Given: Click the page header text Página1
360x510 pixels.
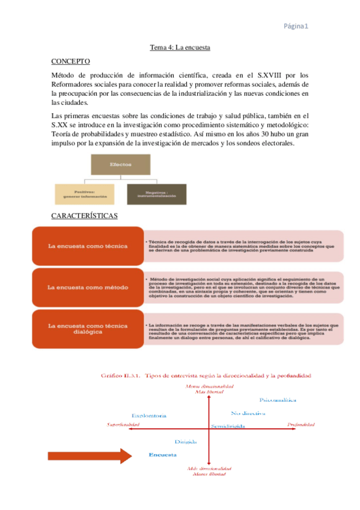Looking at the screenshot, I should point(296,26).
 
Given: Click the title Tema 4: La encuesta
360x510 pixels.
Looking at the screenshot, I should point(180,47).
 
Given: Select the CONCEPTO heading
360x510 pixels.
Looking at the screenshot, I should point(71,61).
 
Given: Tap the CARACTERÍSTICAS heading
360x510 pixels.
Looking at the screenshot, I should point(84,215).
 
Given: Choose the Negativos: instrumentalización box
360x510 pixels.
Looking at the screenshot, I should point(156,194).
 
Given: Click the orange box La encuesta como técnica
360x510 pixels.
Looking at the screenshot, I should point(88,246).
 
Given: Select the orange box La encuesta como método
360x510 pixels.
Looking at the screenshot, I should point(88,287).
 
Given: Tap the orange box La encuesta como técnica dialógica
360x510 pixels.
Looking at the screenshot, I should point(88,329).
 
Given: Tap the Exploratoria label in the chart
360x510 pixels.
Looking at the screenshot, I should point(148,415).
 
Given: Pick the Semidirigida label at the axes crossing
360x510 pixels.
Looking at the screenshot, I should point(228,426).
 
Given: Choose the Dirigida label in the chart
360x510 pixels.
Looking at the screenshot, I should point(186,441).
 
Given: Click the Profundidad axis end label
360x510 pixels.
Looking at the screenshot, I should point(301,425).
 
